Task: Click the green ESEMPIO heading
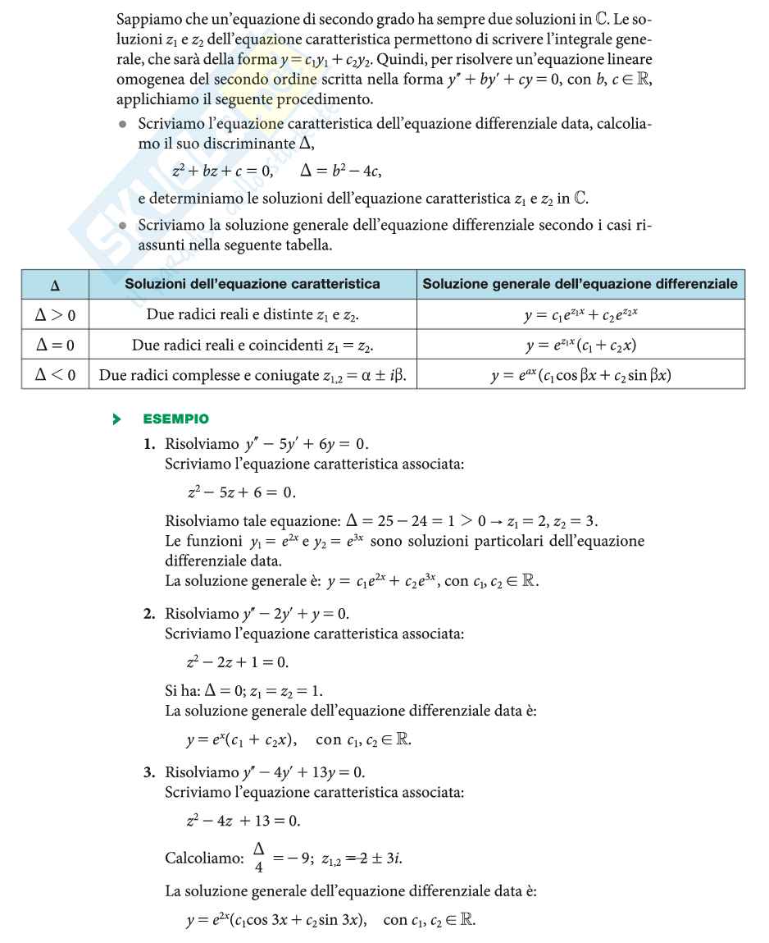tap(175, 419)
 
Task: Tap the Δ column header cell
tap(55, 285)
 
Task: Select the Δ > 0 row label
tap(55, 315)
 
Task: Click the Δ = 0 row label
tap(55, 346)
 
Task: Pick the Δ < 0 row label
tap(55, 376)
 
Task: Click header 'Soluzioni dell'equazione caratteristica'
tap(253, 284)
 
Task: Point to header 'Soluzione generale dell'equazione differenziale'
tap(580, 284)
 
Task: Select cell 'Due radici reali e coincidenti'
tap(253, 346)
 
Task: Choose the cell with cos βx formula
tap(580, 376)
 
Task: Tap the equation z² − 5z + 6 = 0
tap(241, 492)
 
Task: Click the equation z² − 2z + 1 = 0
tap(238, 661)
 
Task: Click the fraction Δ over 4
tap(258, 858)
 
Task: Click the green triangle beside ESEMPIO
tap(117, 419)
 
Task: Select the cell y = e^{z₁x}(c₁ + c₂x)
tap(580, 346)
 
